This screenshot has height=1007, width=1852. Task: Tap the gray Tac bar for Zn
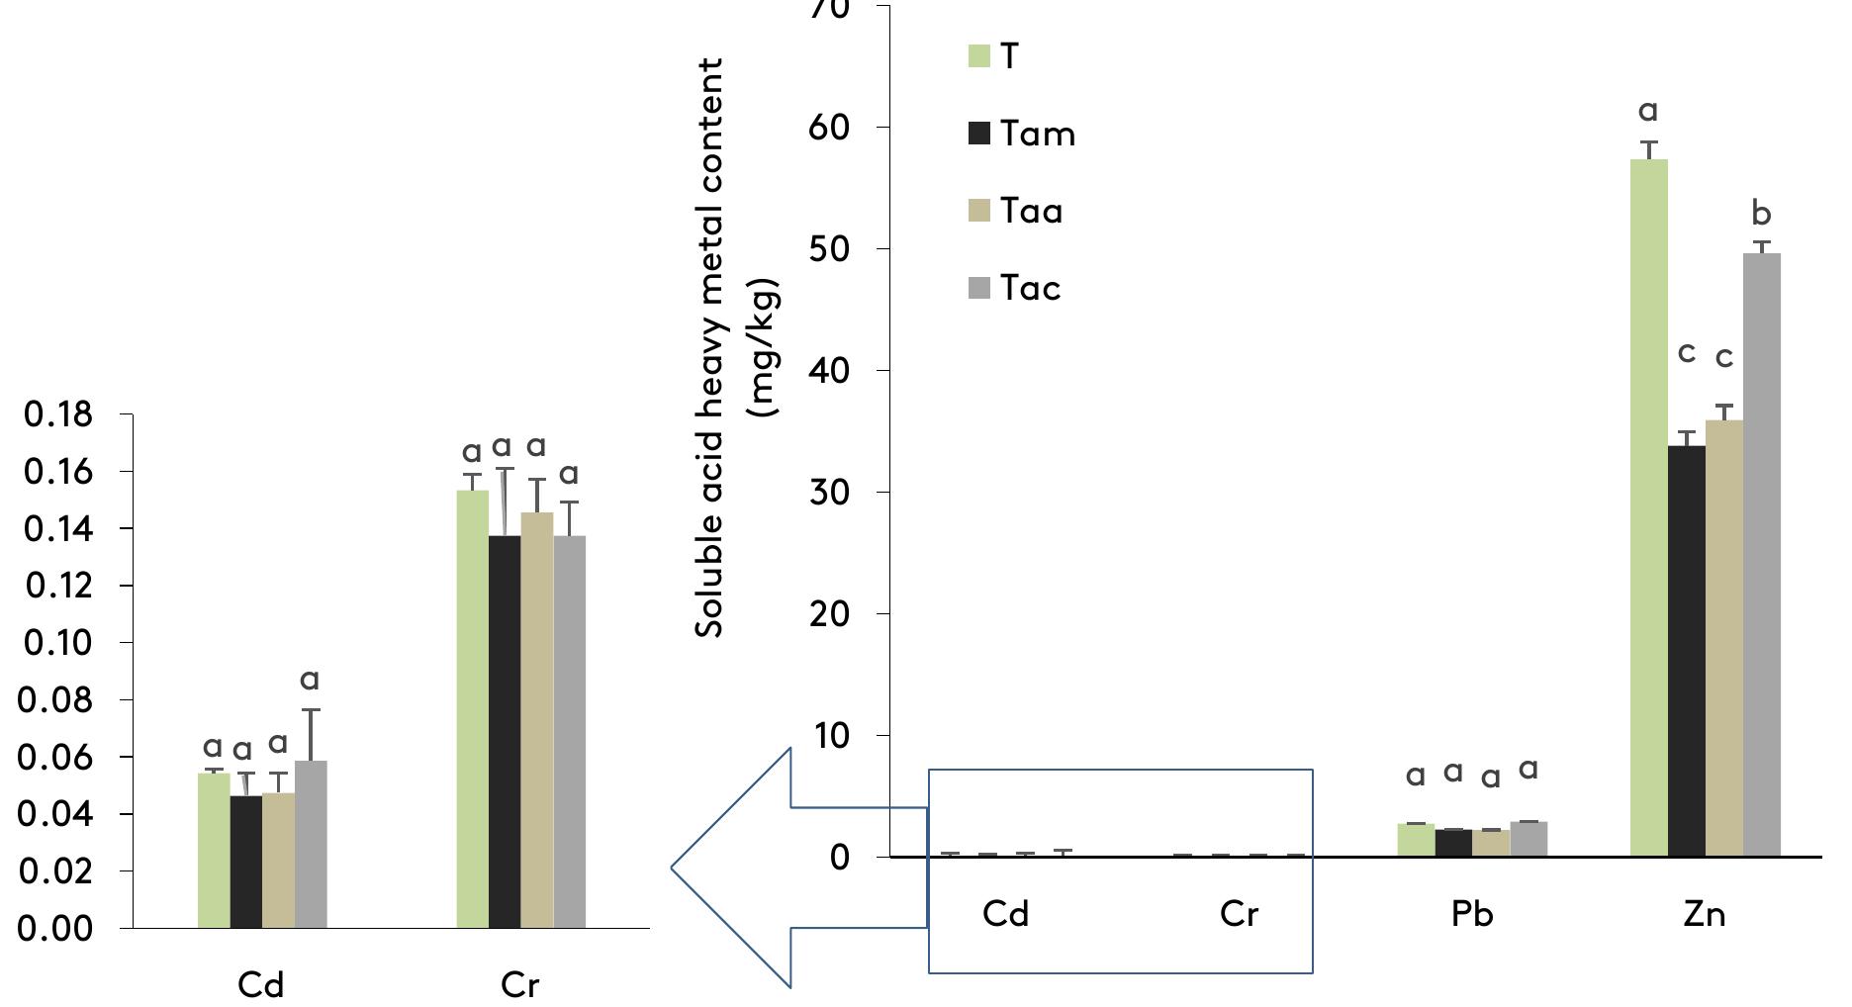1761,554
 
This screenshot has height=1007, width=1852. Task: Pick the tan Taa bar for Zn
1723,638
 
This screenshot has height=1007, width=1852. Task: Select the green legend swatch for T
977,56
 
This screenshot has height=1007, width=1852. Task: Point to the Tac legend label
1030,288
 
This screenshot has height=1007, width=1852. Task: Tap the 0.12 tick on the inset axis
59,586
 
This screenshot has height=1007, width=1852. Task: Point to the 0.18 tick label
59,414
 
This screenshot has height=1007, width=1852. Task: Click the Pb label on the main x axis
1472,914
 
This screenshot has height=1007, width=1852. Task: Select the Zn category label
1704,914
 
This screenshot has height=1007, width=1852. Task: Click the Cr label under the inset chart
519,985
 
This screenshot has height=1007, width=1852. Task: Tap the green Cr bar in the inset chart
472,708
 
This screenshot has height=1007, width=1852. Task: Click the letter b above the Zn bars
1761,214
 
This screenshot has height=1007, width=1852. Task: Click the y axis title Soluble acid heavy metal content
724,346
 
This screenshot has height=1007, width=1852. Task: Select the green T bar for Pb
1415,840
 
